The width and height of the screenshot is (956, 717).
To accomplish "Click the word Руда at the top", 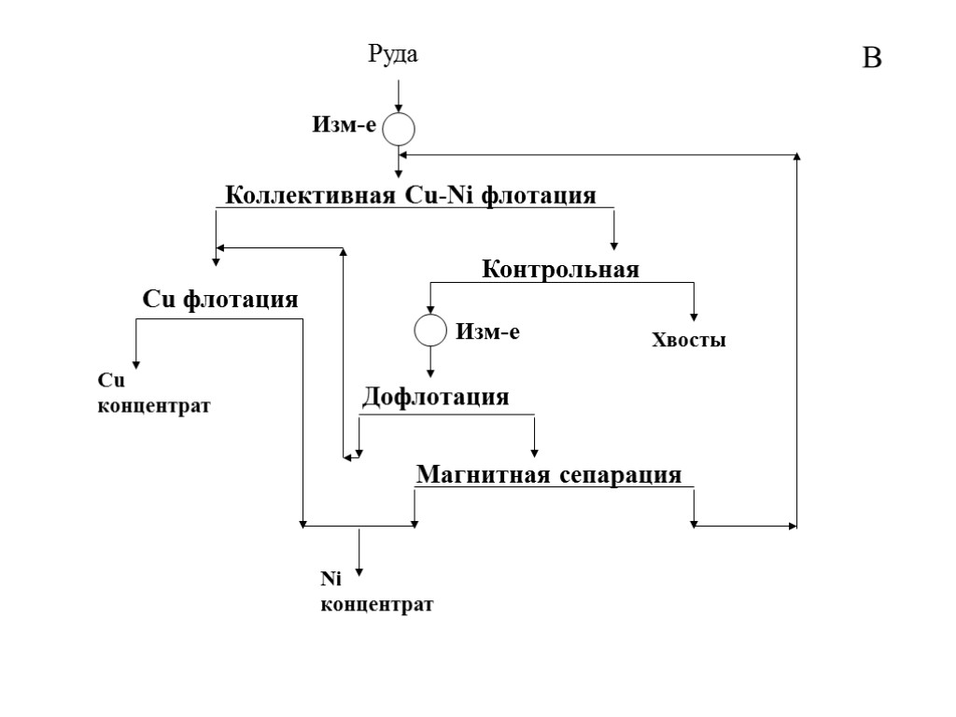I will pyautogui.click(x=392, y=55).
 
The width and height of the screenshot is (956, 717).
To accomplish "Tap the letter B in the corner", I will pyautogui.click(x=871, y=59).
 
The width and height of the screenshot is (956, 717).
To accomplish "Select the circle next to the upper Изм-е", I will pyautogui.click(x=399, y=129).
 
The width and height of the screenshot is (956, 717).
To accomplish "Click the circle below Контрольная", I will pyautogui.click(x=430, y=330).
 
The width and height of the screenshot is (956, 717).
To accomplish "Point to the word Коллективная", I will pyautogui.click(x=312, y=196).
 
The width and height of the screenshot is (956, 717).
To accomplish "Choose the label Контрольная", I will pyautogui.click(x=560, y=270).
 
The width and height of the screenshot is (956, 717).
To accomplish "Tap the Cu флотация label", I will pyautogui.click(x=220, y=300).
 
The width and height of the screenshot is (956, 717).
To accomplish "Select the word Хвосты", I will pyautogui.click(x=688, y=341).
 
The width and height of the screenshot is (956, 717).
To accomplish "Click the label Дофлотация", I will pyautogui.click(x=435, y=397).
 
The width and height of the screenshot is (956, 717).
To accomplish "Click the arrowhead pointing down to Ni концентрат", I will pyautogui.click(x=359, y=572).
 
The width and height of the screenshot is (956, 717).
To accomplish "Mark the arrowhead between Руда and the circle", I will pyautogui.click(x=399, y=106).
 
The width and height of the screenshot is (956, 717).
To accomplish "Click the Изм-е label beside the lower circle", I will pyautogui.click(x=486, y=330).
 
